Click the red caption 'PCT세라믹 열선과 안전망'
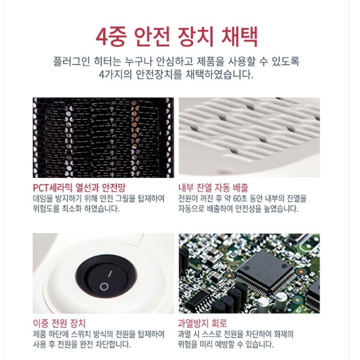coord(79,188)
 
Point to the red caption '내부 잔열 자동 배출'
coord(213,188)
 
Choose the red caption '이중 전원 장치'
coord(59,323)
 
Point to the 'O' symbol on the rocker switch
coord(103,286)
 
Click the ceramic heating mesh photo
coord(103,137)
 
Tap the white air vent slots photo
coord(249,137)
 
